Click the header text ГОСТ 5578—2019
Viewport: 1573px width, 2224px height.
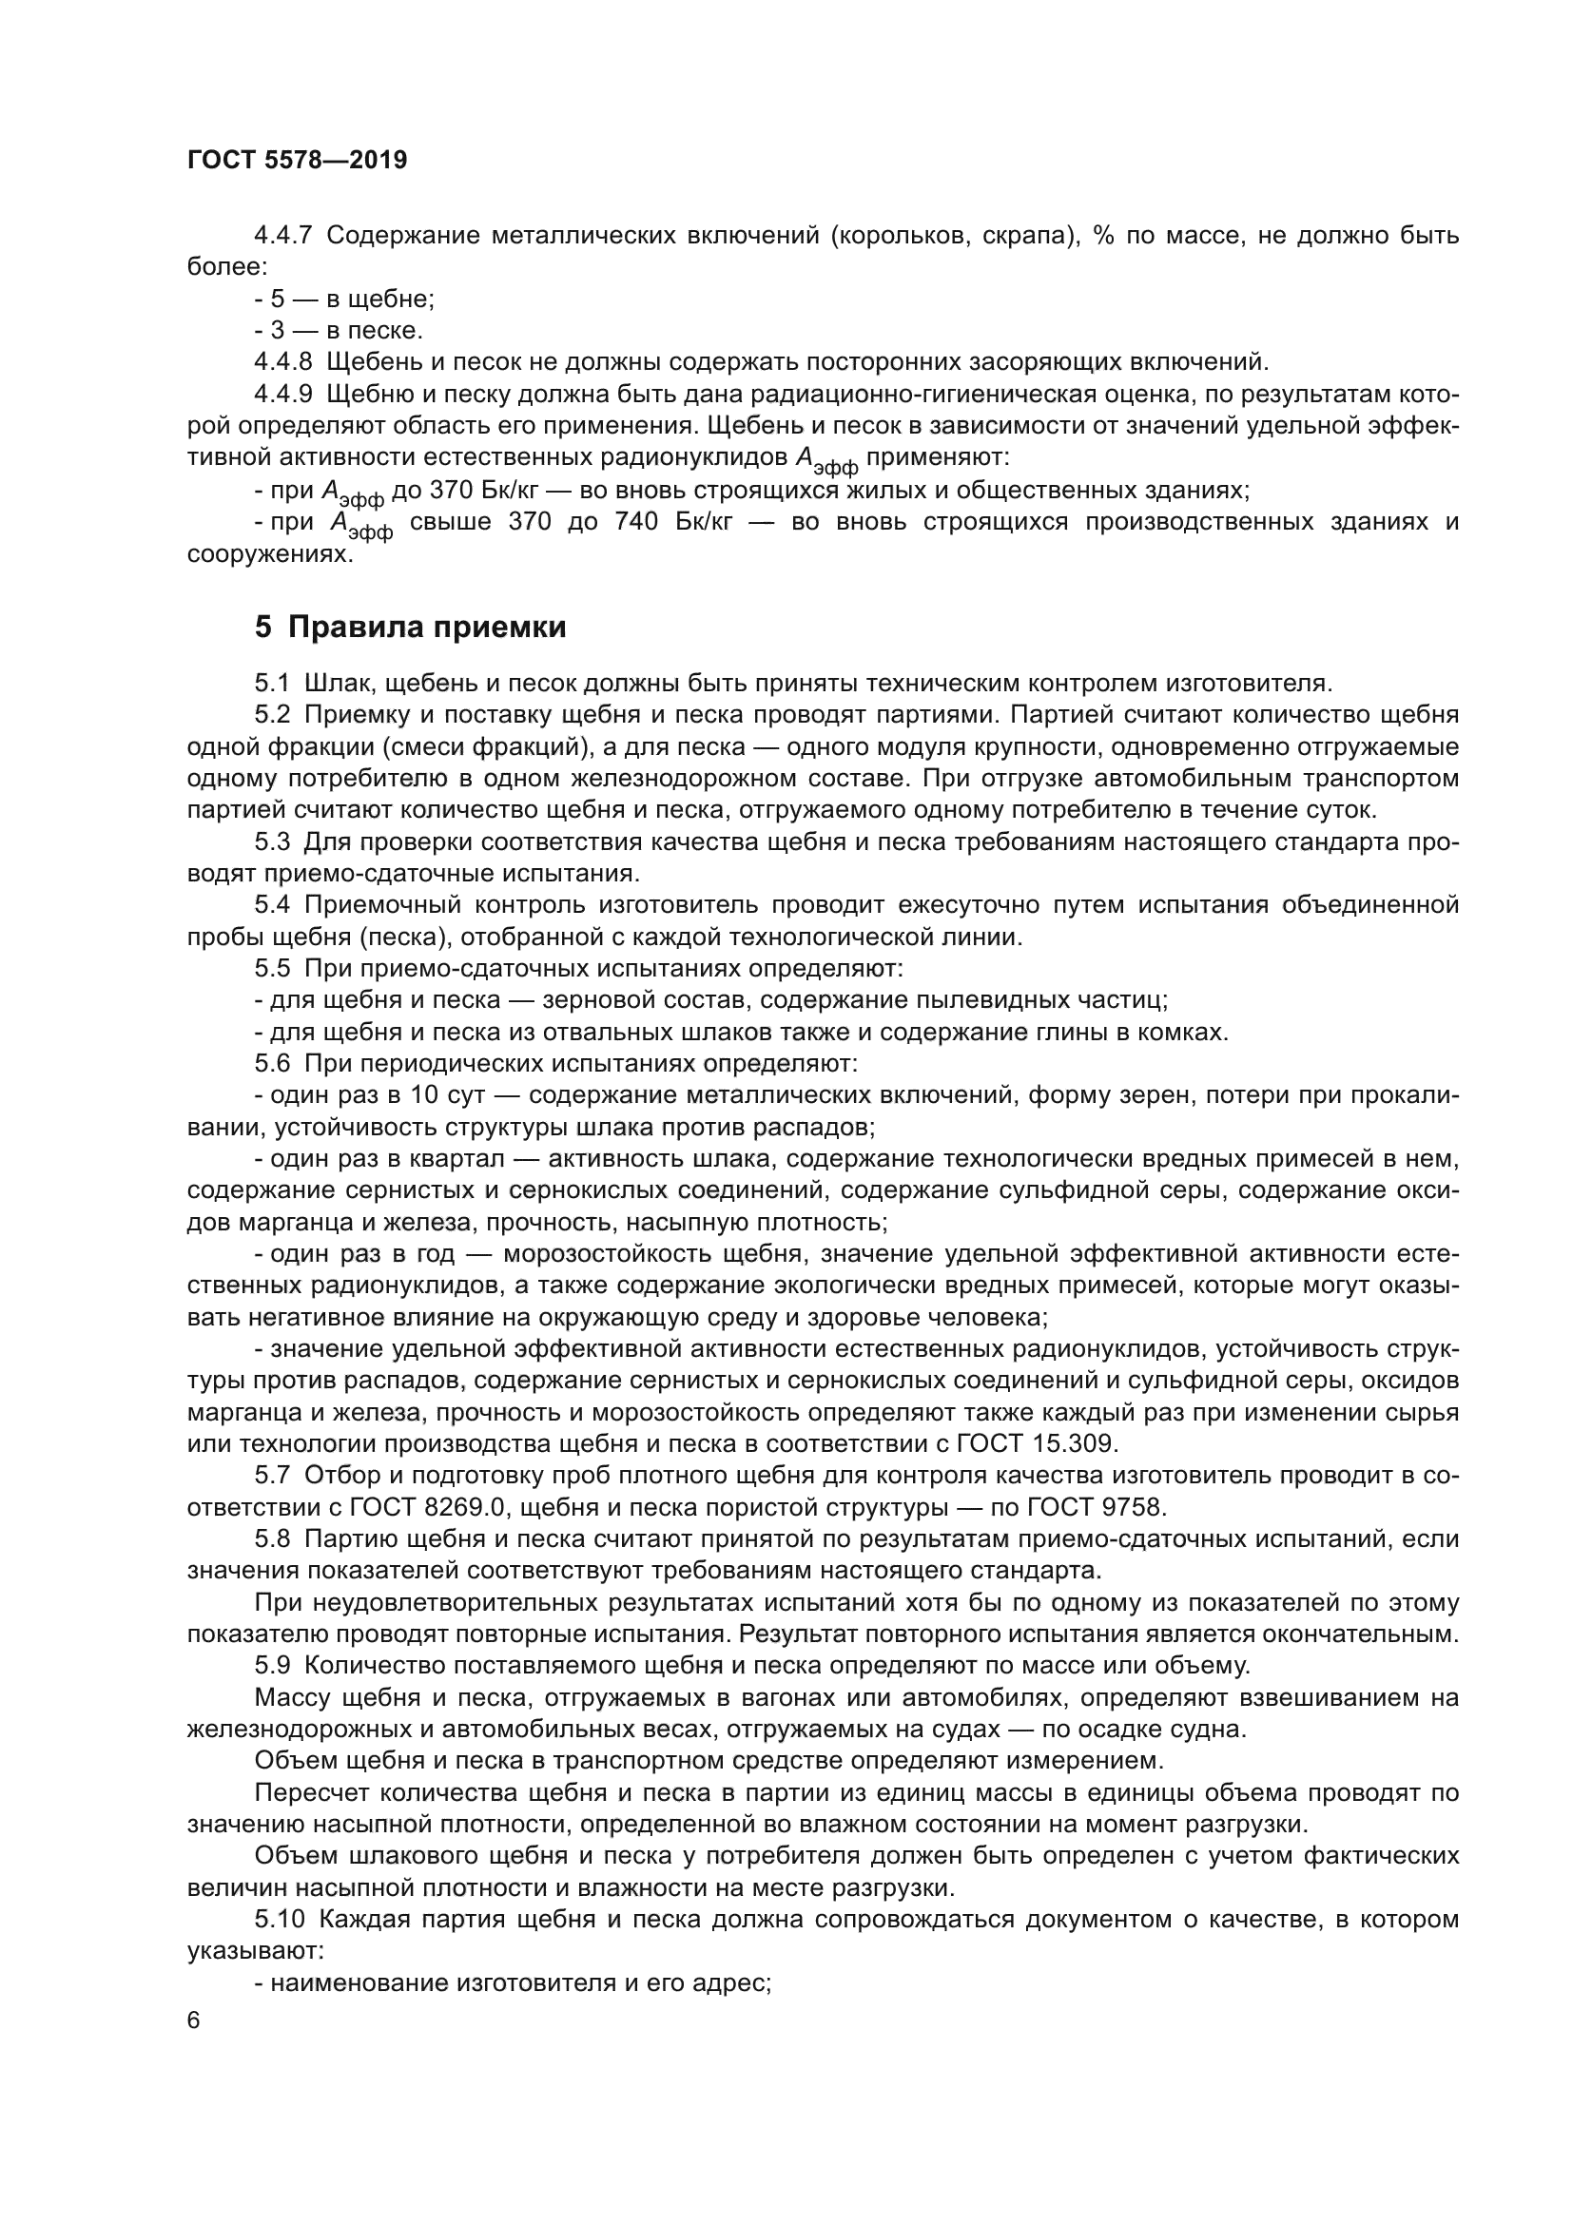(297, 161)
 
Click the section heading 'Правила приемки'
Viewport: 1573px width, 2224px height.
(427, 628)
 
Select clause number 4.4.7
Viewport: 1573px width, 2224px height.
(282, 236)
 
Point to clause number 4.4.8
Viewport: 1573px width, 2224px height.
(282, 362)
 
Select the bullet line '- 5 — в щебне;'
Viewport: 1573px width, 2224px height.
(344, 300)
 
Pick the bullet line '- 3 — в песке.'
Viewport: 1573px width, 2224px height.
(338, 331)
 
